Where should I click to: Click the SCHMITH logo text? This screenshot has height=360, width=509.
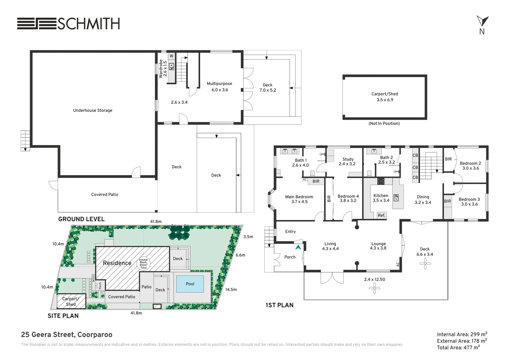[89, 24]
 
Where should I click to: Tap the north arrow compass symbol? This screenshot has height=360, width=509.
[482, 21]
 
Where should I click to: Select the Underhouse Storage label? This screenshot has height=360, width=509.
[93, 110]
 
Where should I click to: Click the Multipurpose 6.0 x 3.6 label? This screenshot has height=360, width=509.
[220, 87]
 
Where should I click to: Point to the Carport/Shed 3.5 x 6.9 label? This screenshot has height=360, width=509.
[385, 97]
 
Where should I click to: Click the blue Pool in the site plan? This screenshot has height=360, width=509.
[190, 284]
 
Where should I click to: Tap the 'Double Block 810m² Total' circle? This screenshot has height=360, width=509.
[143, 264]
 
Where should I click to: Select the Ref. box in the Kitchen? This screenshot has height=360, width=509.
[381, 215]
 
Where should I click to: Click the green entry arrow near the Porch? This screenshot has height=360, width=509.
[298, 247]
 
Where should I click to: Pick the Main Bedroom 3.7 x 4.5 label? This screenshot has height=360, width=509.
[299, 199]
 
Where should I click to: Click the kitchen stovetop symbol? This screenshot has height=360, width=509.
[381, 181]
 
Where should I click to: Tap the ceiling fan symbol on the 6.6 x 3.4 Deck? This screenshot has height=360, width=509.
[425, 264]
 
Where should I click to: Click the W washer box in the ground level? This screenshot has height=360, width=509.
[172, 56]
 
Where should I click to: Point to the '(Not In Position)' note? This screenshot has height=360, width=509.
[384, 123]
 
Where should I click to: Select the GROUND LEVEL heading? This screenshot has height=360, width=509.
[81, 219]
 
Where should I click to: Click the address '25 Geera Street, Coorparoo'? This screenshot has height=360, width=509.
[67, 335]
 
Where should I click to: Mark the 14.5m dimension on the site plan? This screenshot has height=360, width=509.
[231, 290]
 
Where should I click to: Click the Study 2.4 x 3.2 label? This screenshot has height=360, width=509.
[347, 161]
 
